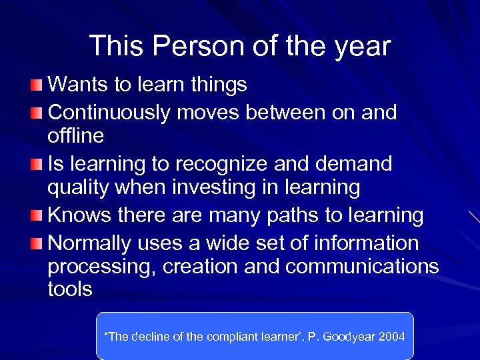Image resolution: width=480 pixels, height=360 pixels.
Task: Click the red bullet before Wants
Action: click(x=38, y=85)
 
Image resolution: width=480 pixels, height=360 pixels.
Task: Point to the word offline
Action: click(x=76, y=136)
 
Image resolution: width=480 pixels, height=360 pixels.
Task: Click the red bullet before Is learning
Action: click(x=38, y=164)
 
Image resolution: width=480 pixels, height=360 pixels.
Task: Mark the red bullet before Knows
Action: click(x=38, y=216)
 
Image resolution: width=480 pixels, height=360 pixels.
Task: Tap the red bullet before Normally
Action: click(x=38, y=242)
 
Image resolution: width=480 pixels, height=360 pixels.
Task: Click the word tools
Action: click(x=70, y=290)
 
